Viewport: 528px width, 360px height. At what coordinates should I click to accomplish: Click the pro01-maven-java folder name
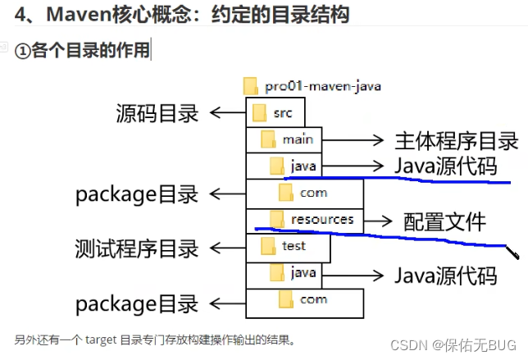point(322,85)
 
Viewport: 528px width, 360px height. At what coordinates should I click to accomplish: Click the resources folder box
point(303,220)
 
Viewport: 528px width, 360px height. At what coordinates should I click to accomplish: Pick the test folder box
point(287,246)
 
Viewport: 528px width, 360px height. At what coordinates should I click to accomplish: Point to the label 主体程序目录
point(457,140)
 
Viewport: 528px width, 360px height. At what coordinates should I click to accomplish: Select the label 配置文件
point(444,221)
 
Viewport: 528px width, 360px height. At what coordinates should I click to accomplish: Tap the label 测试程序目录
point(137,247)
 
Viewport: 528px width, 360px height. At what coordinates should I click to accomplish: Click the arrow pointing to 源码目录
point(226,113)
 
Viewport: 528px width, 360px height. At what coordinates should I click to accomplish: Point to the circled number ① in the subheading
point(23,51)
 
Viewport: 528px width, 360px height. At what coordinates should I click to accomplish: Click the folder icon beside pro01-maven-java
point(251,85)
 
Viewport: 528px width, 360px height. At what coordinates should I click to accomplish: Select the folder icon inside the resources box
point(277,219)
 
